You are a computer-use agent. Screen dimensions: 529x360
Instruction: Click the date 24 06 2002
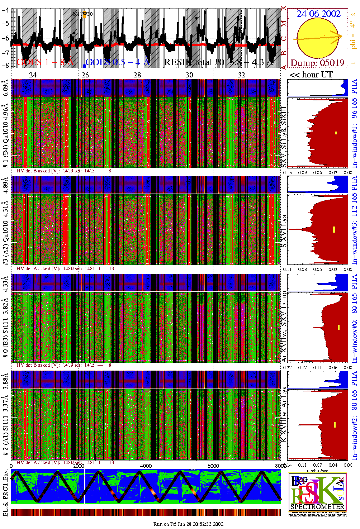click(318, 14)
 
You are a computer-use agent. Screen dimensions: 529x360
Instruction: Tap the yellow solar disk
click(317, 38)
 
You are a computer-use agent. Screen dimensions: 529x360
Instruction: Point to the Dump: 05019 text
click(317, 63)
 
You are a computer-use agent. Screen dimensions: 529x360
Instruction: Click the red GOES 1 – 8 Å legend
click(45, 62)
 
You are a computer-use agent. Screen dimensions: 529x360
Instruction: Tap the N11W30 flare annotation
click(82, 14)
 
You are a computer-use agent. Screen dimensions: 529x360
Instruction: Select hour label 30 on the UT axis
click(189, 75)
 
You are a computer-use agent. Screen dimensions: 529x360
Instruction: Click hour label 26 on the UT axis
click(85, 75)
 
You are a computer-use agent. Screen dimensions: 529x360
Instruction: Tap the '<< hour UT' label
click(311, 75)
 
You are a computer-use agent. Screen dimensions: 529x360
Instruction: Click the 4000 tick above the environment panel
click(146, 466)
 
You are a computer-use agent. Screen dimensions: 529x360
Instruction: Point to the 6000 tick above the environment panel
click(213, 466)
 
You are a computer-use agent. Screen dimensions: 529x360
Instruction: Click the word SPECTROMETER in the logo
click(317, 507)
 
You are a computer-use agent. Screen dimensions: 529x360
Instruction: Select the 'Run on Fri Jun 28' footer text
click(188, 524)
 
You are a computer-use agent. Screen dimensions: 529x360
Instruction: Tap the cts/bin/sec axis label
click(317, 470)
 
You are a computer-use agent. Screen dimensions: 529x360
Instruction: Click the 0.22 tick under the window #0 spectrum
click(287, 367)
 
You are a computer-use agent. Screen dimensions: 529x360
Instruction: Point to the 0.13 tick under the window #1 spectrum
click(287, 172)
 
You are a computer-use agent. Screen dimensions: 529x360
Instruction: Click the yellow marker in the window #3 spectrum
click(334, 229)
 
